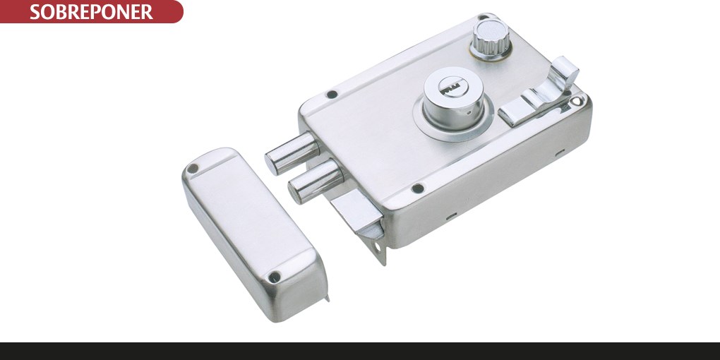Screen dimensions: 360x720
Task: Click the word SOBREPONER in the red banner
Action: pyautogui.click(x=91, y=12)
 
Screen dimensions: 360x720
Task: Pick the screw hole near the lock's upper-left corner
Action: pyautogui.click(x=332, y=93)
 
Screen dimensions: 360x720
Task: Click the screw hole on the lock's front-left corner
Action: pyautogui.click(x=417, y=188)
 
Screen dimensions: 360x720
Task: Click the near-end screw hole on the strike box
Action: pyautogui.click(x=275, y=277)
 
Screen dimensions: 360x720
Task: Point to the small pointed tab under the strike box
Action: pyautogui.click(x=327, y=297)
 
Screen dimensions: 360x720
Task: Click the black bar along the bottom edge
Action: pyautogui.click(x=360, y=351)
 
